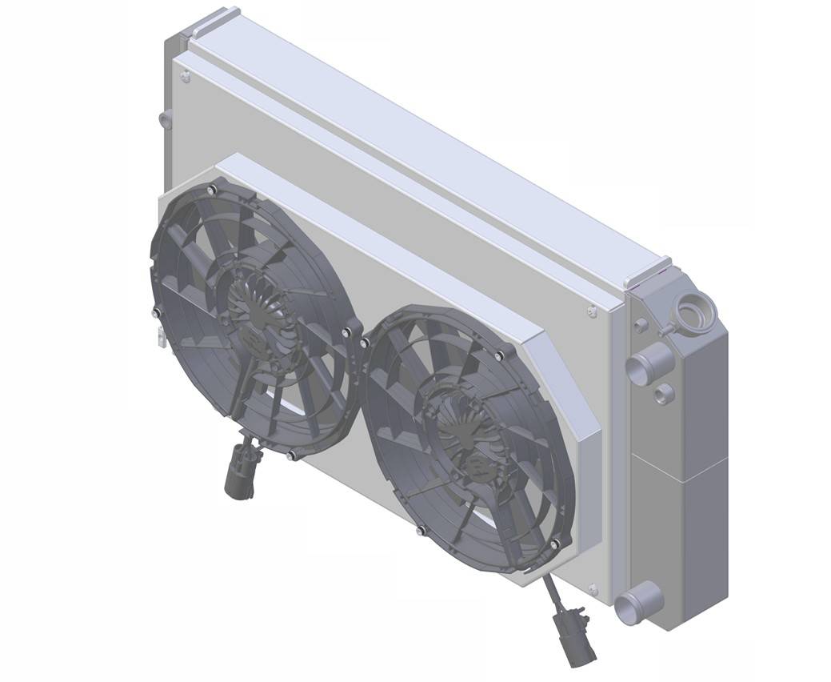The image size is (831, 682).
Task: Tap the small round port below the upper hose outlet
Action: (663, 394)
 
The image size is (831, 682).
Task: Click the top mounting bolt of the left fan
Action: (211, 190)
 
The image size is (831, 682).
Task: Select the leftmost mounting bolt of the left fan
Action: (155, 310)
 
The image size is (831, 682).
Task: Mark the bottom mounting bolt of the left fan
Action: (291, 457)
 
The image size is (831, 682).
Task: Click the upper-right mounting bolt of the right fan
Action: (499, 355)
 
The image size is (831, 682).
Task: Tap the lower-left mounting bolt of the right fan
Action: (421, 530)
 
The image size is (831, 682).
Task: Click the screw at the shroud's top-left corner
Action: (186, 77)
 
